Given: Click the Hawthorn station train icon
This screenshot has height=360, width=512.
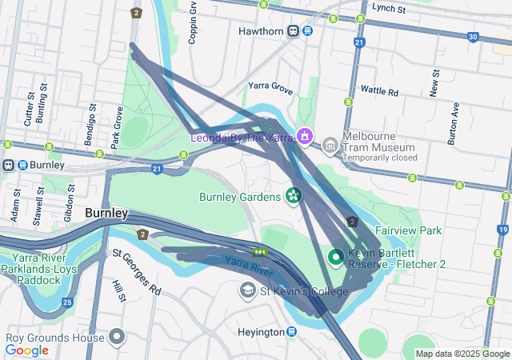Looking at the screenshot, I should point(294,31).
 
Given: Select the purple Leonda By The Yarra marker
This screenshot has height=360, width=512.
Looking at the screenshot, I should point(303,138).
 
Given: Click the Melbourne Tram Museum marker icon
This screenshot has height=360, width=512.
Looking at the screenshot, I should point(330,146).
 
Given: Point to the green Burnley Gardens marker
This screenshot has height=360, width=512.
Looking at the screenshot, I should point(294,195).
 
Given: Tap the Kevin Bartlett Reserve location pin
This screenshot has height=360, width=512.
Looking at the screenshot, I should point(336,258).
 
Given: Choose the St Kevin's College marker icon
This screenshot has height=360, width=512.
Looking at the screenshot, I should point(248,290).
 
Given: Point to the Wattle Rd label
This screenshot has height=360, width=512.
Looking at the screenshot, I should point(379,91).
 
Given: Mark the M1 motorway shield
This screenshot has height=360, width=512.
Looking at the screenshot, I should point(260,253).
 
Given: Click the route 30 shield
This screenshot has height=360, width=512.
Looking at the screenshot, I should point(474,37).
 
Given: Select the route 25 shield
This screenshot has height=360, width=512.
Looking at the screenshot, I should point(68,302).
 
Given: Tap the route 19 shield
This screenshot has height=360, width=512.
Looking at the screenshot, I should point(502,230).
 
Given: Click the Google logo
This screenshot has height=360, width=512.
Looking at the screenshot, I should point(27,350).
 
